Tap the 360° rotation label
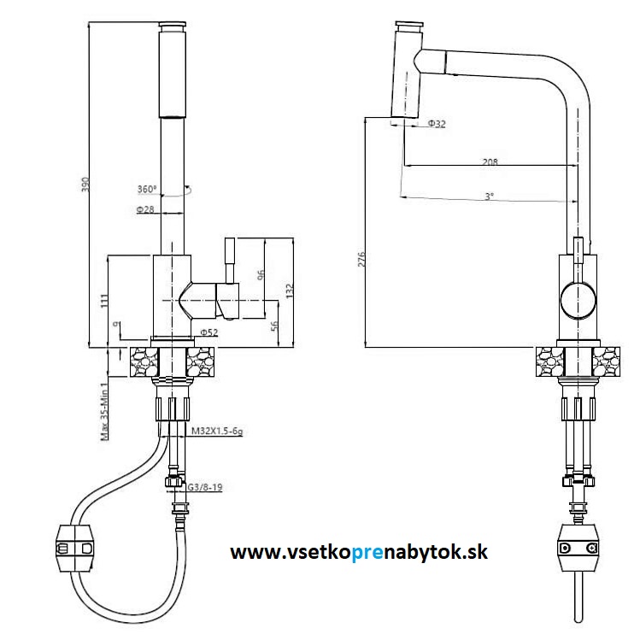pyautogui.click(x=147, y=190)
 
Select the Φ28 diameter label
pyautogui.click(x=144, y=209)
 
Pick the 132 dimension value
pyautogui.click(x=290, y=291)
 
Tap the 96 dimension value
pyautogui.click(x=261, y=275)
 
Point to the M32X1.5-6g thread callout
pyautogui.click(x=217, y=432)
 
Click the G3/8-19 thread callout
pyautogui.click(x=205, y=488)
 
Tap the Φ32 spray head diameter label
pyautogui.click(x=437, y=125)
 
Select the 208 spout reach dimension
pyautogui.click(x=490, y=161)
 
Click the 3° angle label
pyautogui.click(x=489, y=197)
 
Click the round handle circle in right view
pyautogui.click(x=578, y=301)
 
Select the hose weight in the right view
pyautogui.click(x=578, y=547)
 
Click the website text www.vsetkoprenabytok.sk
pyautogui.click(x=359, y=553)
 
